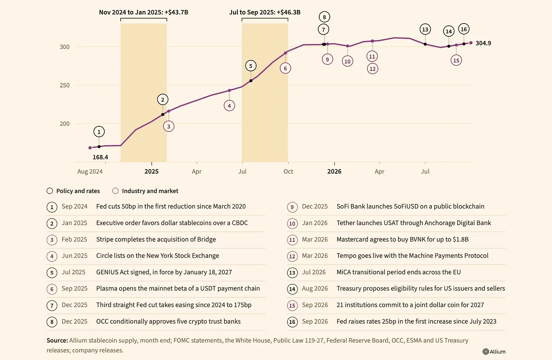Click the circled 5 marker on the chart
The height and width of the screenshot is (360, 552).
(x=251, y=66)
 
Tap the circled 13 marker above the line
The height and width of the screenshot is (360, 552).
(x=425, y=29)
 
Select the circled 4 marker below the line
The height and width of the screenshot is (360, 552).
(x=229, y=106)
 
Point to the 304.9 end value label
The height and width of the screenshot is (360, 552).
(x=483, y=43)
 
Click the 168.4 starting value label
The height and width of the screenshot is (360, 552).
(x=100, y=157)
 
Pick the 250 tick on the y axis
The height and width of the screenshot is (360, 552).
(x=64, y=85)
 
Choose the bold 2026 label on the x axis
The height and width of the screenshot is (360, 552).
(x=334, y=171)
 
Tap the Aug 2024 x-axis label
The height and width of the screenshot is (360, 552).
(x=90, y=171)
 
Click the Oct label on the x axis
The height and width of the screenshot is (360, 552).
(x=288, y=171)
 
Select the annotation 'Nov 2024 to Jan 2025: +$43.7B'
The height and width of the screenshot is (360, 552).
(x=143, y=12)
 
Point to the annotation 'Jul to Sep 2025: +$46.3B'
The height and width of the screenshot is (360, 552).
(x=265, y=12)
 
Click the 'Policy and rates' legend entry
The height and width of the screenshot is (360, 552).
(x=74, y=191)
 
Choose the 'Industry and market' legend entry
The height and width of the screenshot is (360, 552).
(x=146, y=191)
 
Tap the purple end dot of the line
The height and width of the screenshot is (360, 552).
(x=471, y=43)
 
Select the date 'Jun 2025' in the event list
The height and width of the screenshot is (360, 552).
(x=74, y=255)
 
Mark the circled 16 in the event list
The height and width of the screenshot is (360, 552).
(x=292, y=322)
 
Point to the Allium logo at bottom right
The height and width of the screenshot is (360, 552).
(x=494, y=351)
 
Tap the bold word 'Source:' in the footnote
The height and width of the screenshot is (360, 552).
(x=57, y=340)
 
